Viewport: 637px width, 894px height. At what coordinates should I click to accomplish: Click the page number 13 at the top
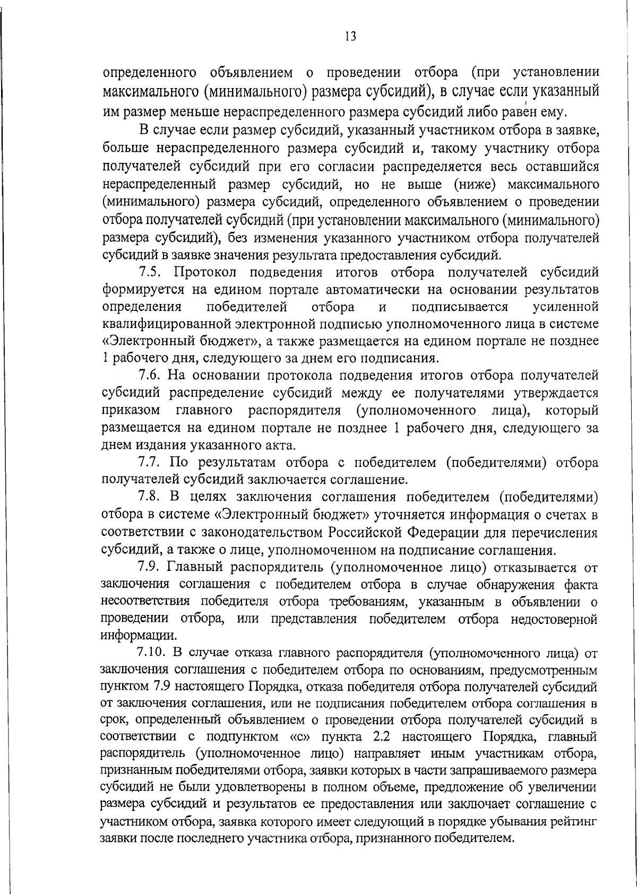350,36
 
